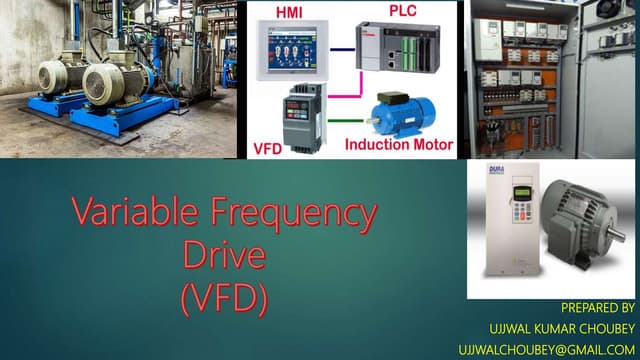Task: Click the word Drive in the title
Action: click(x=225, y=256)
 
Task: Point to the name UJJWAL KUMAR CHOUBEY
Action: click(x=561, y=328)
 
